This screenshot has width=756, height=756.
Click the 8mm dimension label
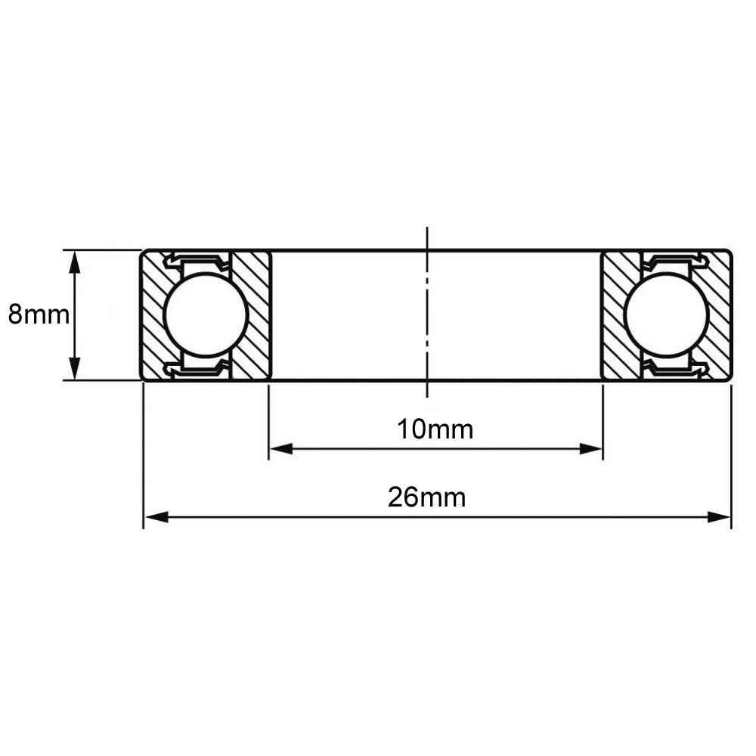click(39, 315)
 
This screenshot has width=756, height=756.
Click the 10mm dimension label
click(435, 429)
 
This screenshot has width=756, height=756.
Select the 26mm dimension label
click(426, 497)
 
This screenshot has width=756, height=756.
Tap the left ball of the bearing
click(206, 315)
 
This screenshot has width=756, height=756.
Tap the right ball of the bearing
click(666, 315)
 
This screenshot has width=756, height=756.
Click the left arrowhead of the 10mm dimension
click(281, 449)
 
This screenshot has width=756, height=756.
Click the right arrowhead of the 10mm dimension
click(590, 449)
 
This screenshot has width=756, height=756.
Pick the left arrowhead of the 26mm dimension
click(156, 517)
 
